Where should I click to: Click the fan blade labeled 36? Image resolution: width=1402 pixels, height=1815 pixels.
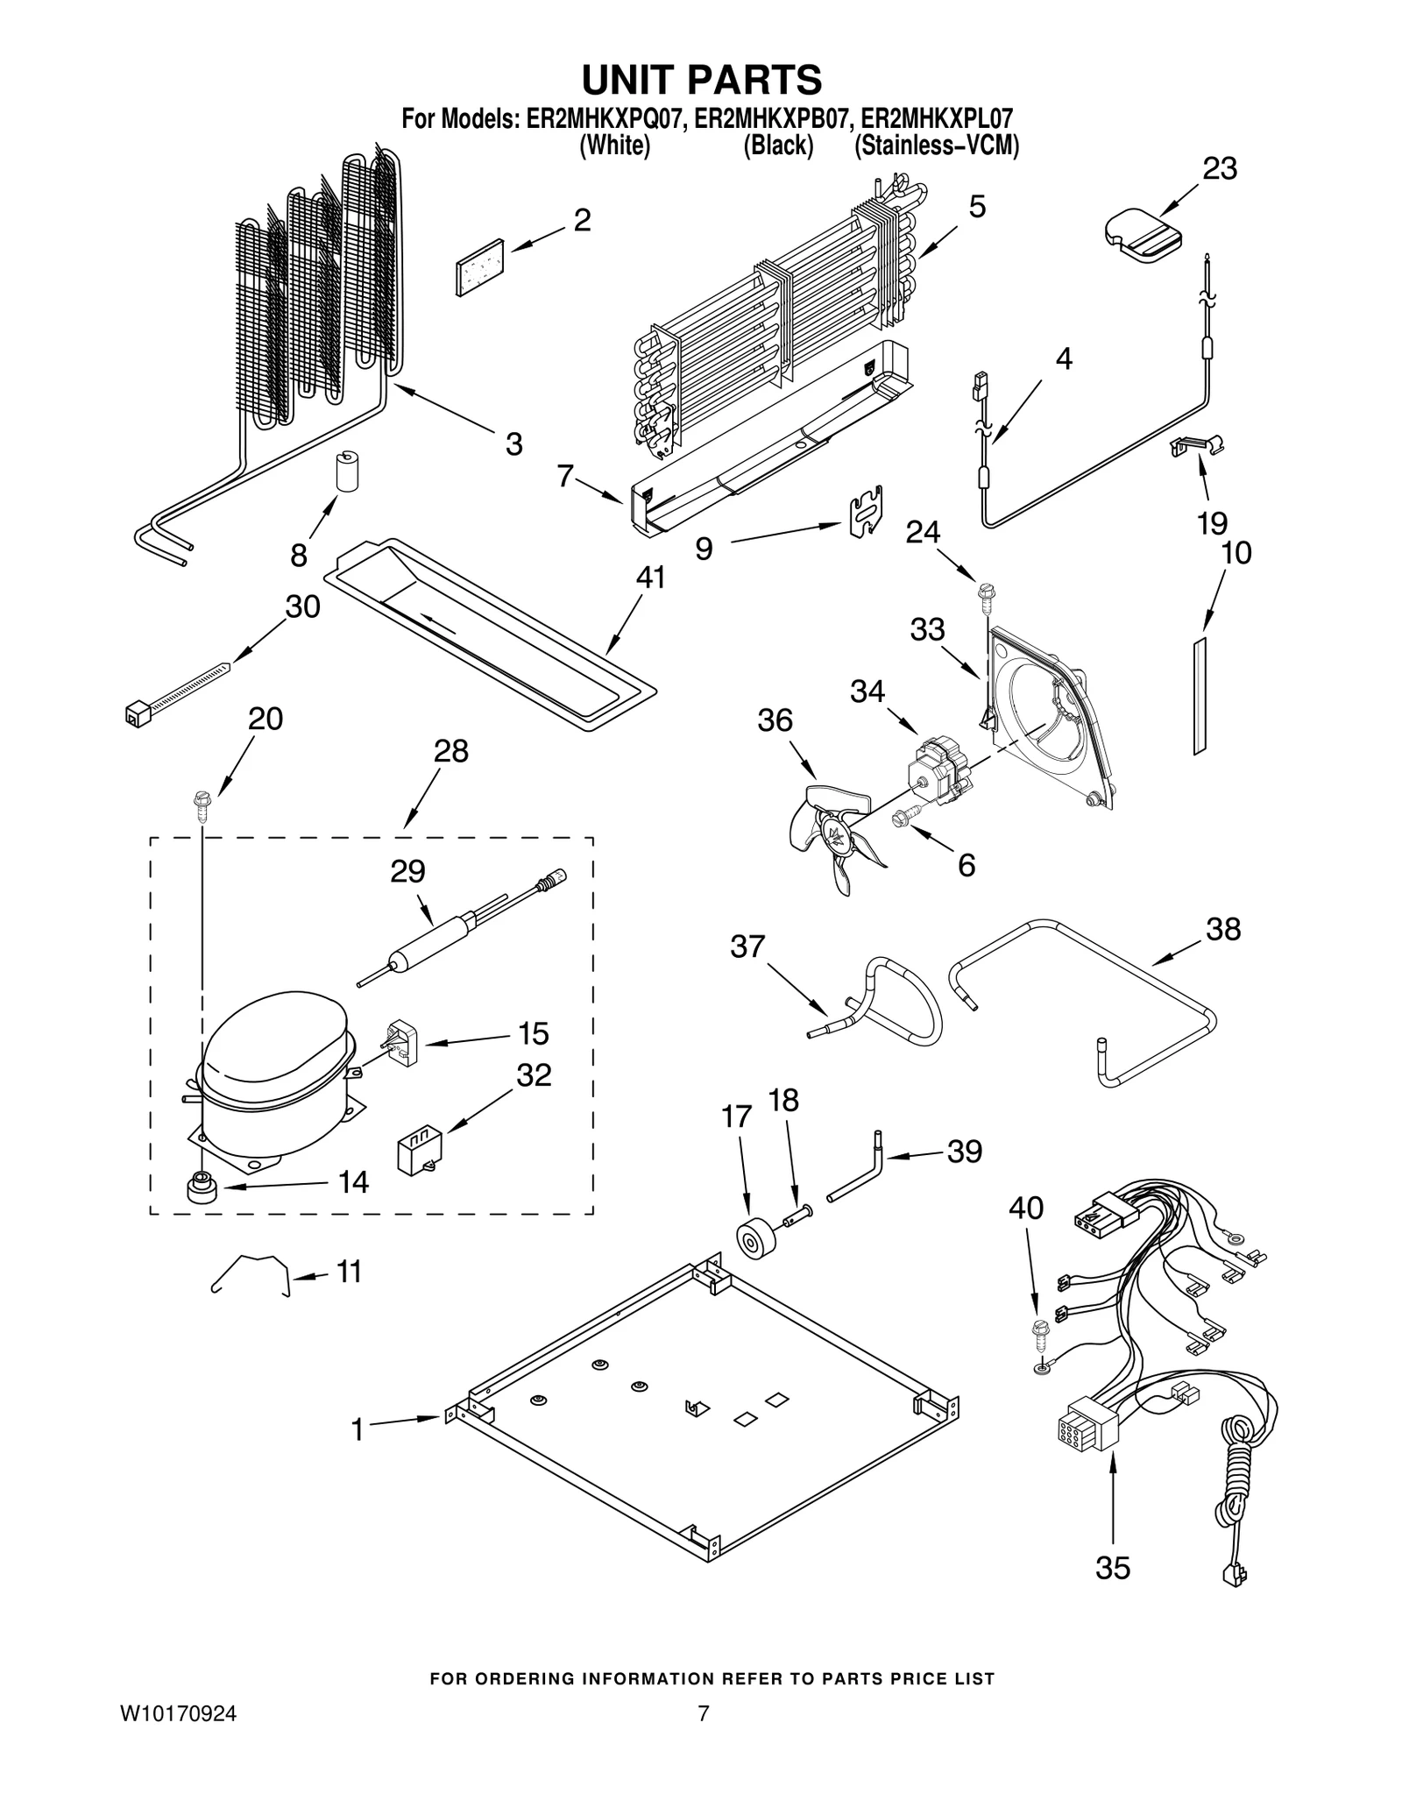pos(832,837)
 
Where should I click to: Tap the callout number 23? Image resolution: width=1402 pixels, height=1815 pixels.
pos(1219,168)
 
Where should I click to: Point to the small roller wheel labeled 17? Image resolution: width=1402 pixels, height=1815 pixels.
pos(753,1241)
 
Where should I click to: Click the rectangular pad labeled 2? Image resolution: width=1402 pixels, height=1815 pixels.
pos(481,266)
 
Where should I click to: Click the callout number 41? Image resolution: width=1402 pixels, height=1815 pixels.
pos(650,578)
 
